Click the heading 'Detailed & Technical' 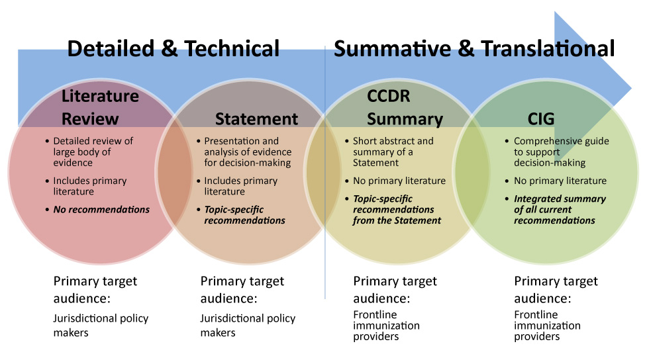174,48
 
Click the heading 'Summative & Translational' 474,48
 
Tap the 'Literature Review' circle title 101,107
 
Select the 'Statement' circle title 257,119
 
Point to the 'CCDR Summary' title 405,107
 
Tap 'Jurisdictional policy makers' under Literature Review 101,325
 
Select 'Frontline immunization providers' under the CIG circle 547,325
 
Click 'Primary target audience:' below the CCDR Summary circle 395,289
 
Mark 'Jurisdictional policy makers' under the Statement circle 248,325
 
